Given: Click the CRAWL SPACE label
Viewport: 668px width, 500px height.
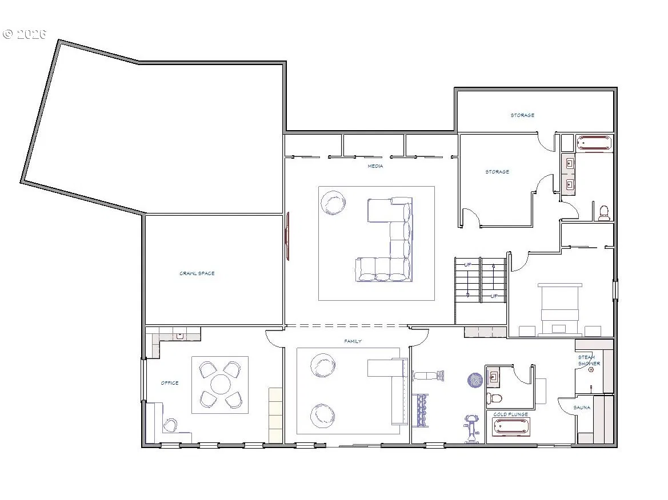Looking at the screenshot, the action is tap(197, 273).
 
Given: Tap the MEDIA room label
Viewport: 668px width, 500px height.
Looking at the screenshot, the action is tap(375, 166).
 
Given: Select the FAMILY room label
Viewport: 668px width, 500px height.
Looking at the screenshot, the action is tap(353, 341).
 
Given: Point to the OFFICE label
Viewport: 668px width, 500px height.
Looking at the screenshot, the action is tap(170, 383).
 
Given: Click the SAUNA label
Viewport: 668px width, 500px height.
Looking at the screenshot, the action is tap(582, 408).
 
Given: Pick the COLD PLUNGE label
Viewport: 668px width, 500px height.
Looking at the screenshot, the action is tap(510, 414).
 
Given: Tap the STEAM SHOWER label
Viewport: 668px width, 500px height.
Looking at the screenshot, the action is tap(589, 360).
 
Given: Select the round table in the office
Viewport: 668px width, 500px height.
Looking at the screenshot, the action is tap(220, 384).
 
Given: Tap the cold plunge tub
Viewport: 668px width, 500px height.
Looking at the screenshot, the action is tap(511, 427).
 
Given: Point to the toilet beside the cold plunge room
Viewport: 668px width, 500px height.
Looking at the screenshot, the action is tap(494, 399).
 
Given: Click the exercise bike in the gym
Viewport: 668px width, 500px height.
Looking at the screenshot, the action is tap(471, 429).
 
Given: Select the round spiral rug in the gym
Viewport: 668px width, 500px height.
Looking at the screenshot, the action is tap(475, 380).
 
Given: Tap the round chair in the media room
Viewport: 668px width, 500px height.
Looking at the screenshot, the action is tap(333, 203).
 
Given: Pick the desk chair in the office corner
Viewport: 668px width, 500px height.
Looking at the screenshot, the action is tap(170, 425).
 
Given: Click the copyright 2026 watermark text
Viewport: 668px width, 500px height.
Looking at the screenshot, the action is tap(24, 34).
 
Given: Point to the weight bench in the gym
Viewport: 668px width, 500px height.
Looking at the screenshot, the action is tap(428, 376).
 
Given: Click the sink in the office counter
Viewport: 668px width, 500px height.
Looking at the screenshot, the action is tap(180, 335).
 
